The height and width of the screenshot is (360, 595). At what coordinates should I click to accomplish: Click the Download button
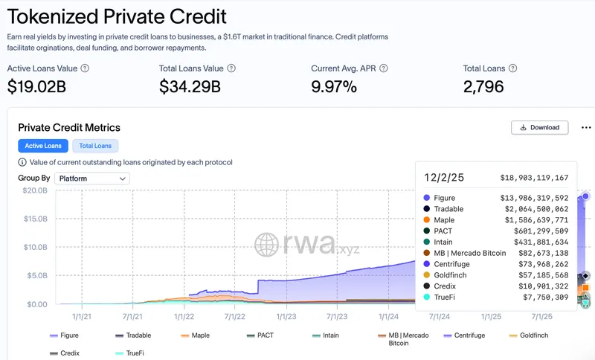tap(540, 127)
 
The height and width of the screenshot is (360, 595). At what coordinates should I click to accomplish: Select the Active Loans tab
tap(43, 146)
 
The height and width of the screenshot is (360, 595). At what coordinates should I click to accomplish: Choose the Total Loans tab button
tap(95, 146)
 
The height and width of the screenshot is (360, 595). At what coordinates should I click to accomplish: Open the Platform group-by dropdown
tap(92, 179)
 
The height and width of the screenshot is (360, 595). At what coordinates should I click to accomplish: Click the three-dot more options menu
tap(586, 127)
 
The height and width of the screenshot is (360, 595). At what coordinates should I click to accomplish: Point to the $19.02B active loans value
tap(37, 86)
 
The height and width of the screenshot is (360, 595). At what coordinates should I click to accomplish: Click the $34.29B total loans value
tap(190, 86)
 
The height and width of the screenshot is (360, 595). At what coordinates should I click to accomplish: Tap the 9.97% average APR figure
tap(334, 86)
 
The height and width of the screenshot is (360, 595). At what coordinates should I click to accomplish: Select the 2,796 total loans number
tap(483, 86)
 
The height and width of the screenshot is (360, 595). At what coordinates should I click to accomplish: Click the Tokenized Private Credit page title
tap(117, 16)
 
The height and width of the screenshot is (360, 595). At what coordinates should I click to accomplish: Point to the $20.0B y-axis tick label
tap(33, 190)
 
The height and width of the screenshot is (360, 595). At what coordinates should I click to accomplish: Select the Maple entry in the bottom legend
tap(194, 335)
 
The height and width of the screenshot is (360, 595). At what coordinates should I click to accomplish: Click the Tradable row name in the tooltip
tap(448, 209)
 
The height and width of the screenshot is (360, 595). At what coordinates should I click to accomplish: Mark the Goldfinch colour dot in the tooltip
tap(426, 274)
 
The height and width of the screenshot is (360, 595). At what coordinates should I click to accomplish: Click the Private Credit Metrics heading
tap(69, 127)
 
